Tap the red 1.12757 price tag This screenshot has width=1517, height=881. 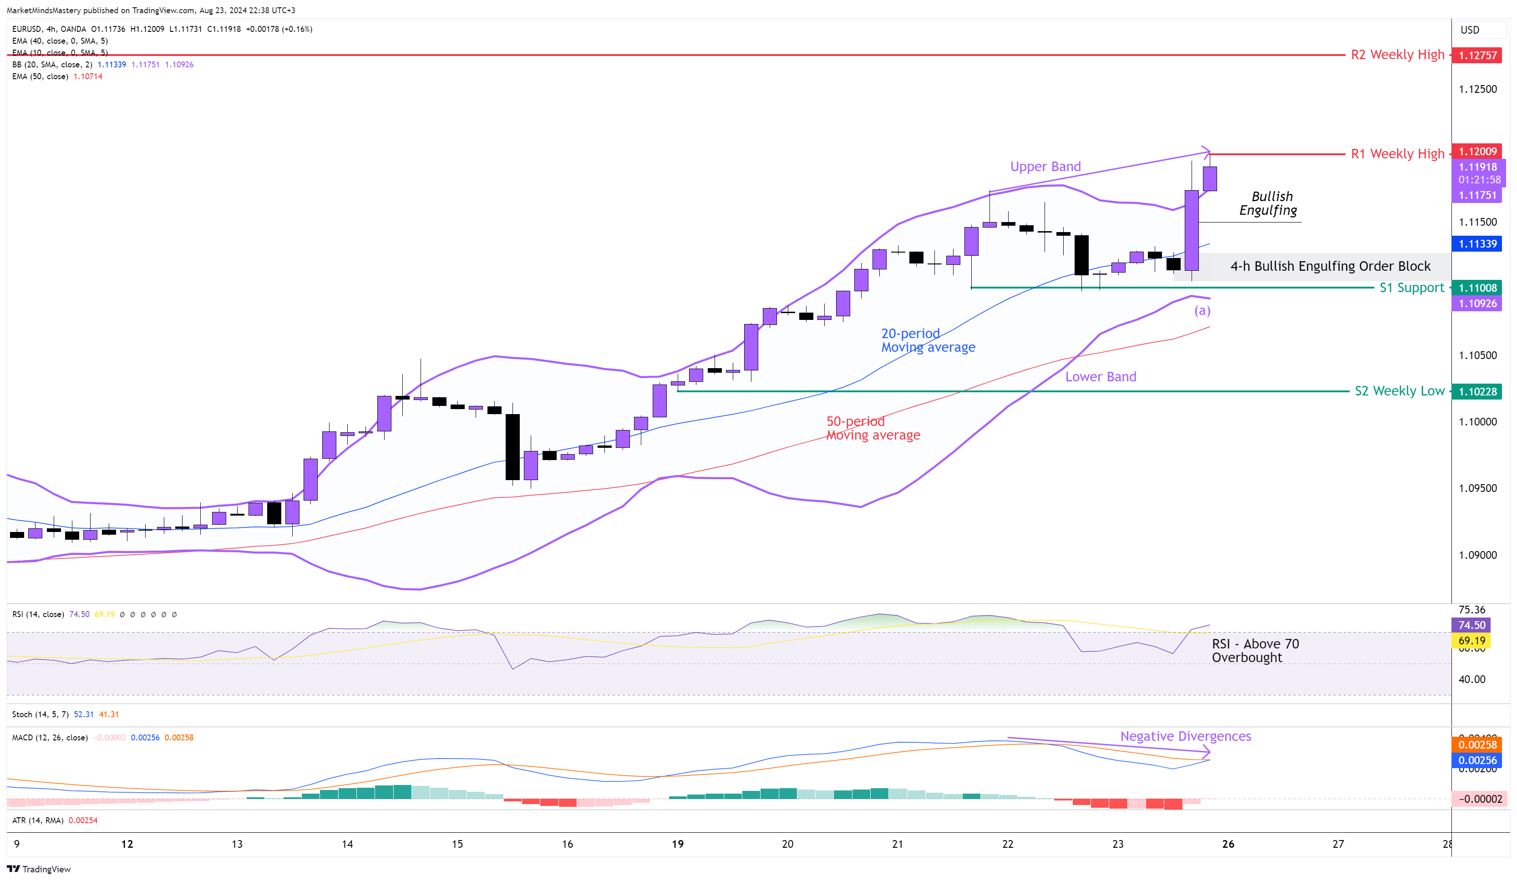[x=1477, y=56]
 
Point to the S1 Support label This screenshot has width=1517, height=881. [x=1411, y=288]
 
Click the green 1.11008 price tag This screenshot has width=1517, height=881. [x=1477, y=288]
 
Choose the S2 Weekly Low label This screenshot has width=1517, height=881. [x=1399, y=391]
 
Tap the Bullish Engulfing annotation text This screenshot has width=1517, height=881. [x=1269, y=203]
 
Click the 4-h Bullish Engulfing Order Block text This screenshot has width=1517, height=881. [x=1330, y=266]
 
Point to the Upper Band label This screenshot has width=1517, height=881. [x=1045, y=167]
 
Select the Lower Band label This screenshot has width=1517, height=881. [x=1101, y=377]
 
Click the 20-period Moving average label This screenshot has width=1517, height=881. [x=928, y=340]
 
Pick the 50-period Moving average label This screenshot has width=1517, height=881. [x=872, y=429]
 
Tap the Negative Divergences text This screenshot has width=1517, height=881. [x=1185, y=737]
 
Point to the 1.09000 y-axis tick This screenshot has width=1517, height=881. [x=1477, y=555]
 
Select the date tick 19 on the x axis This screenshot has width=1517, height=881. [x=678, y=844]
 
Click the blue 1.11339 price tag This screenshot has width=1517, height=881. [x=1477, y=244]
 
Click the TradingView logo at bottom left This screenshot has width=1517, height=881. [x=39, y=869]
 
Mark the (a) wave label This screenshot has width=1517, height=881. [x=1202, y=310]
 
